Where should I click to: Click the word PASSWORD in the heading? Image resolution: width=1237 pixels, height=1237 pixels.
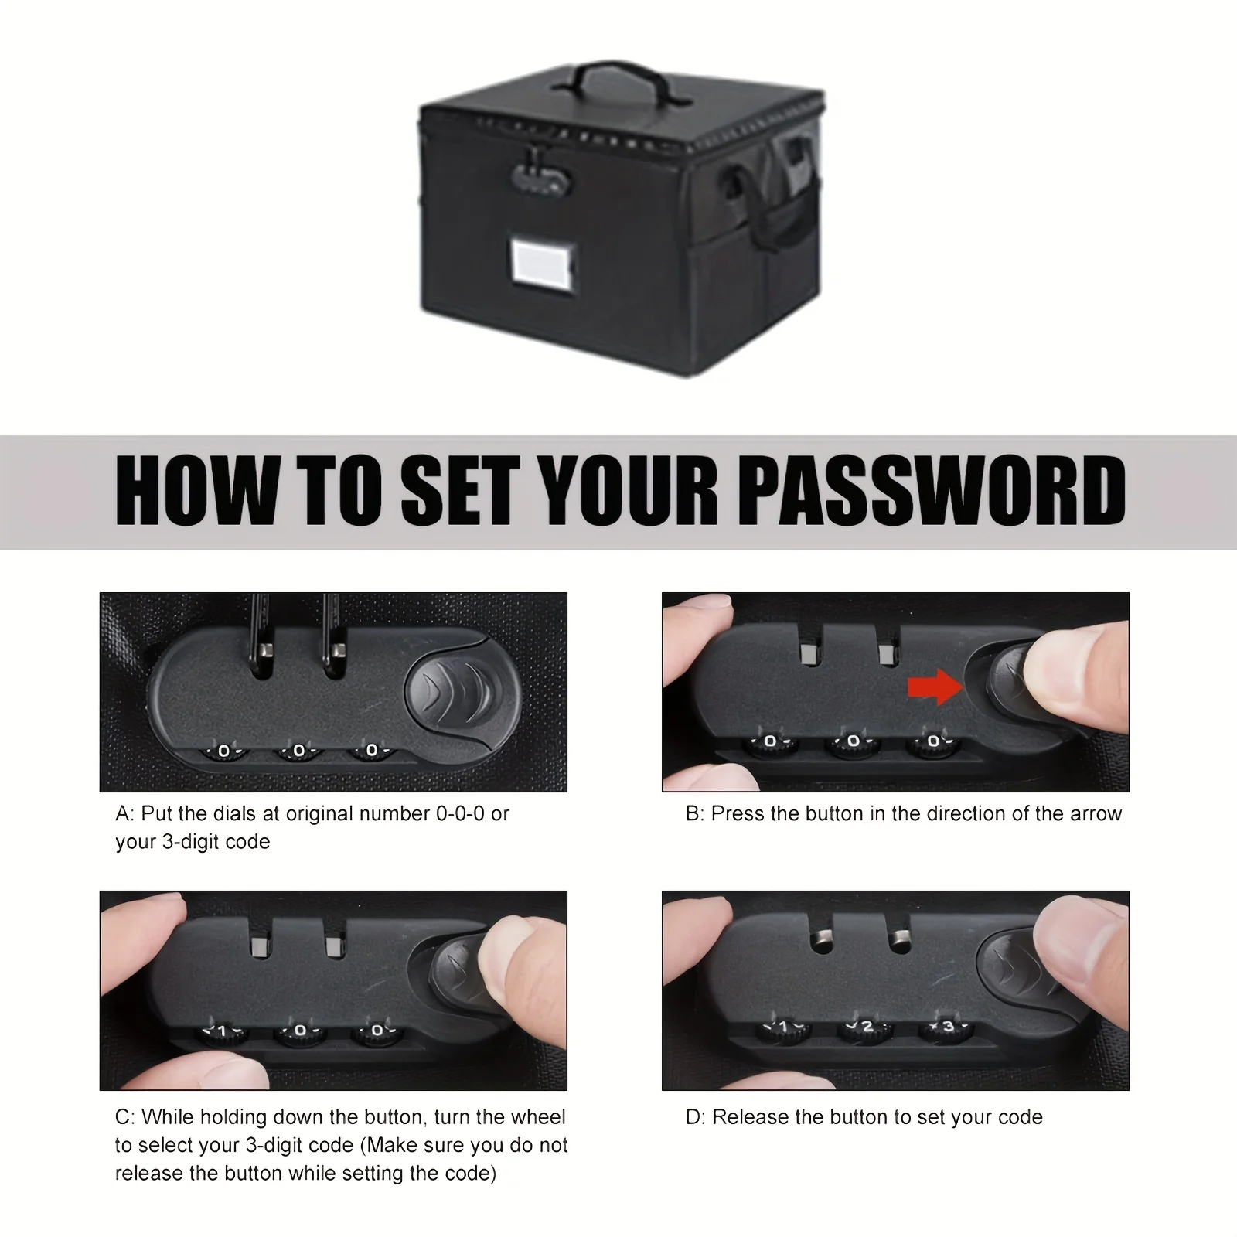click(x=933, y=490)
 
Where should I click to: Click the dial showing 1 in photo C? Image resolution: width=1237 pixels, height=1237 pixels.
click(x=223, y=1031)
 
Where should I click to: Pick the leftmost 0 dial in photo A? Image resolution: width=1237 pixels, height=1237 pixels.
click(x=223, y=751)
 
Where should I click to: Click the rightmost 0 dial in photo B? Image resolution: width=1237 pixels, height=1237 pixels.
click(x=934, y=742)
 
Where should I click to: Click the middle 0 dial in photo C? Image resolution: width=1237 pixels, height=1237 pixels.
click(x=301, y=1031)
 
